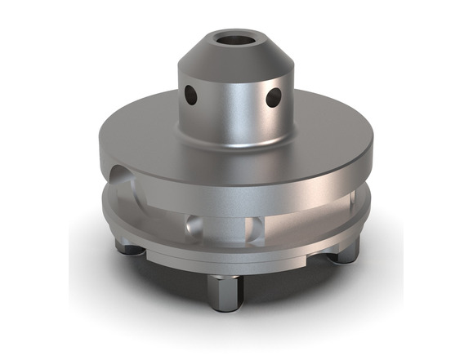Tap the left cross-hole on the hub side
click(x=190, y=96)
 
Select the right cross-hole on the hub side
click(x=274, y=98)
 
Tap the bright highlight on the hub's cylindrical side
click(x=245, y=106)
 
